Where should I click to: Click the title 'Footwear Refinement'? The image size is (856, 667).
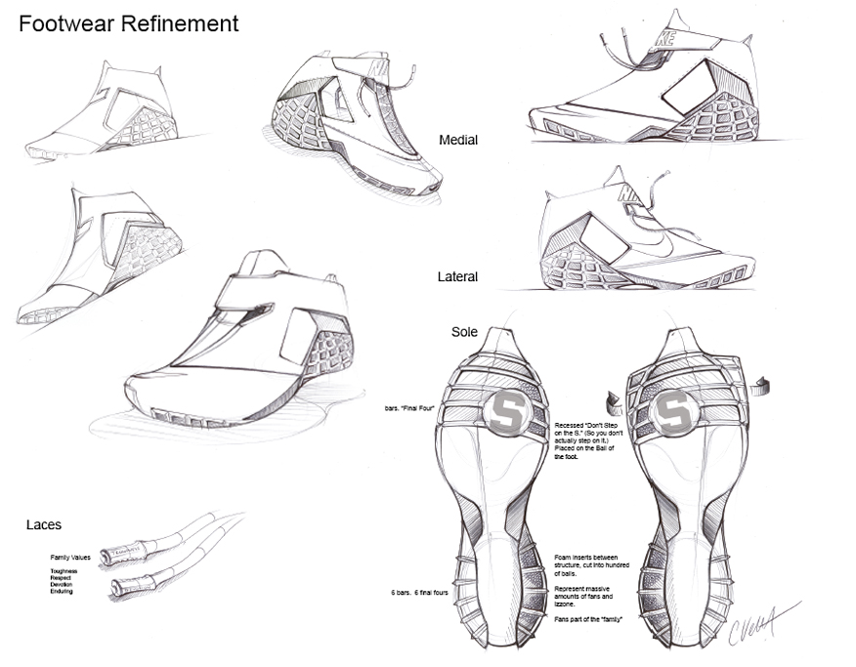point(128,24)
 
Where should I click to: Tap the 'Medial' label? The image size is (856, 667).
point(458,141)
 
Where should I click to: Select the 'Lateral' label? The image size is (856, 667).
point(457,277)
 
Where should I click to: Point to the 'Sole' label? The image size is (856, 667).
point(464,333)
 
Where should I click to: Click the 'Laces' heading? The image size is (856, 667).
point(44,525)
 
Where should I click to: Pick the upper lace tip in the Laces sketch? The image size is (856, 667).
point(115,558)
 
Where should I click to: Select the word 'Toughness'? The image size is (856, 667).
point(64,570)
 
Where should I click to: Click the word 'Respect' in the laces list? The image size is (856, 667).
point(62,577)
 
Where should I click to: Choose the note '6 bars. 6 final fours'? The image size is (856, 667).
point(418,593)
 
